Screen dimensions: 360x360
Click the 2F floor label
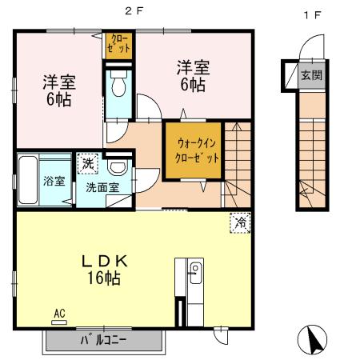coord(130,11)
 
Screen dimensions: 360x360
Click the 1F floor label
coord(308,11)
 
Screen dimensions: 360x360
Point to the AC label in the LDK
coord(59,313)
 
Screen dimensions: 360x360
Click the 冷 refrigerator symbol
coord(238,222)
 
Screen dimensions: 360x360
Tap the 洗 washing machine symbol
coord(86,162)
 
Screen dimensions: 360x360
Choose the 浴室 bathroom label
coord(54,182)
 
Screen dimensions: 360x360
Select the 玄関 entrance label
coord(310,76)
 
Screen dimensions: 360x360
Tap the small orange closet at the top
coord(118,45)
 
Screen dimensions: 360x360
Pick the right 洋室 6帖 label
coord(192,75)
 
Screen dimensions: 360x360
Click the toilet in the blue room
coord(118,83)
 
